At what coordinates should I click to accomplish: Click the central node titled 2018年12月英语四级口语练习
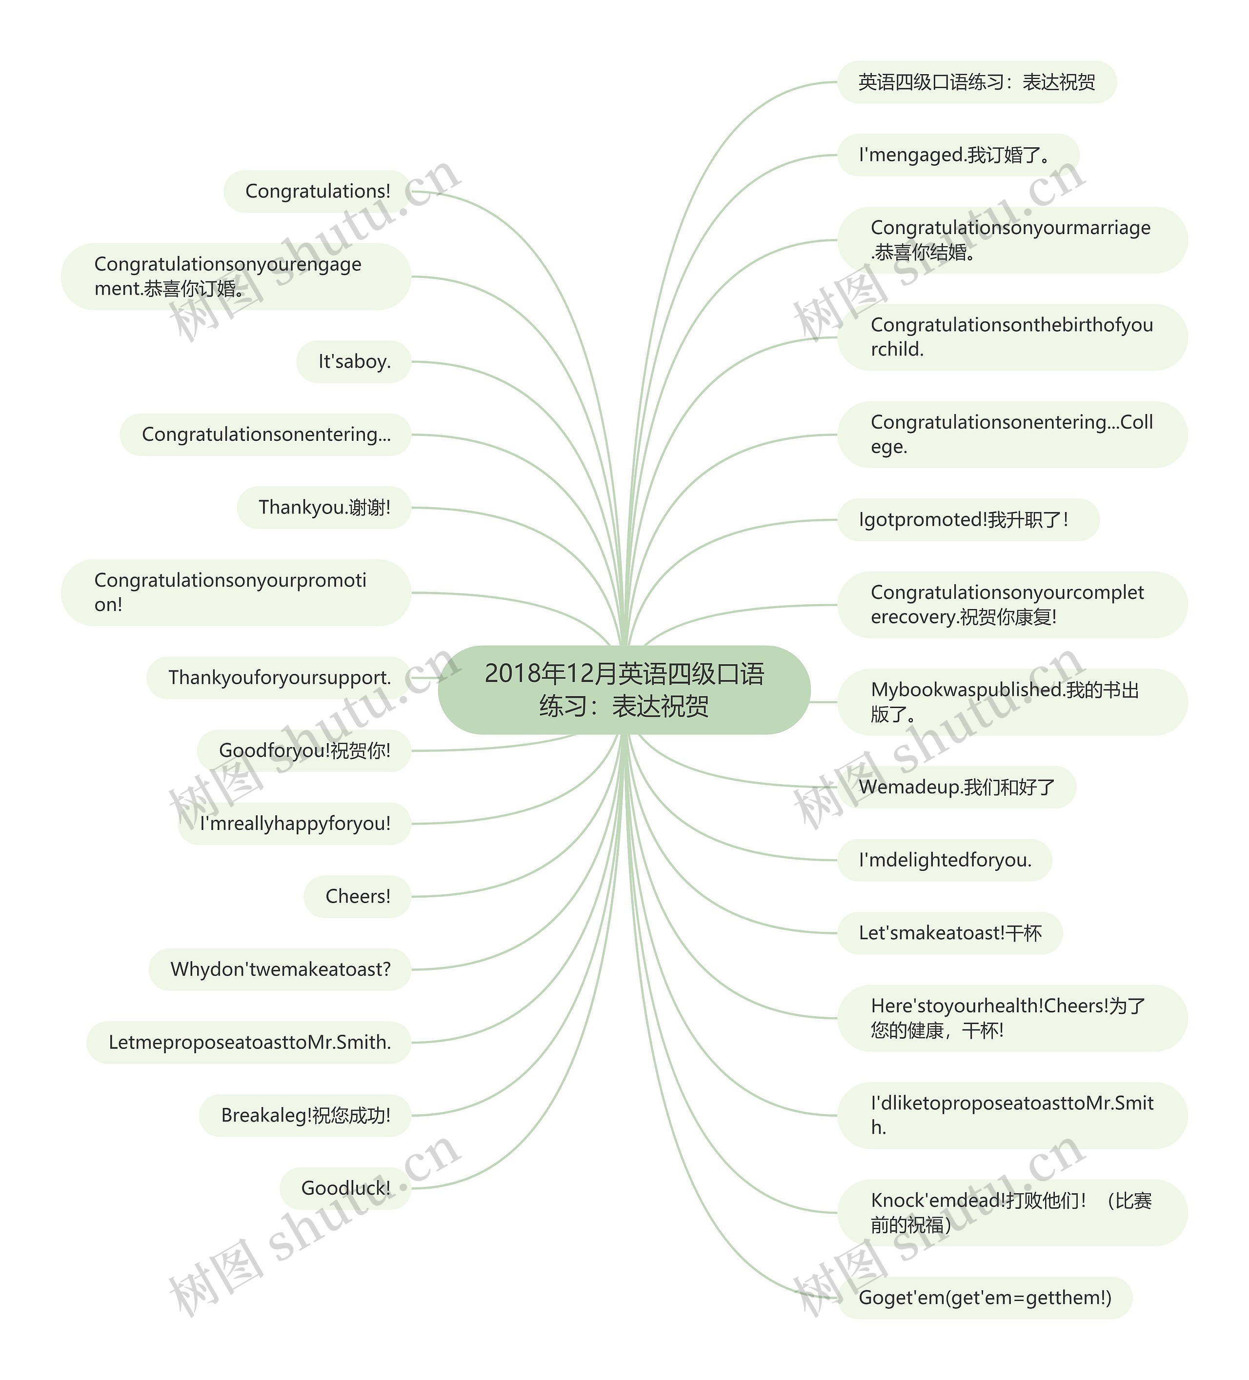pos(624,690)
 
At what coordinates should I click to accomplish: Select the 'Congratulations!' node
pos(317,192)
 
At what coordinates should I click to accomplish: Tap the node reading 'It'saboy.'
pos(354,361)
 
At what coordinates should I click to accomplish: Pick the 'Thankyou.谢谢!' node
pos(324,507)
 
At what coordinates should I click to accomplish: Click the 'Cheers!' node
pos(358,896)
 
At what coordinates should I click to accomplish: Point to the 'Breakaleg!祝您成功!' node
pos(305,1115)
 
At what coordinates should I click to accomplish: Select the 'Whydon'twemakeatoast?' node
pos(280,969)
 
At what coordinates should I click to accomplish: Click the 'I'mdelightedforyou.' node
pos(944,860)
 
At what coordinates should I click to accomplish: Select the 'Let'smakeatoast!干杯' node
pos(950,933)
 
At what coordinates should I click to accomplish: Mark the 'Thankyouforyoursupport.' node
pos(280,678)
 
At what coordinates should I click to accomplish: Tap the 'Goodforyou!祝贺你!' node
pos(304,751)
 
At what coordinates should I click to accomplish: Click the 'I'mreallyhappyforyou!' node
pos(295,824)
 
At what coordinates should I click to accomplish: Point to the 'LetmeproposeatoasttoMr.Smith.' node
pos(249,1043)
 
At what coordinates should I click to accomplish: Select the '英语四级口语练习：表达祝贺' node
pos(976,82)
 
